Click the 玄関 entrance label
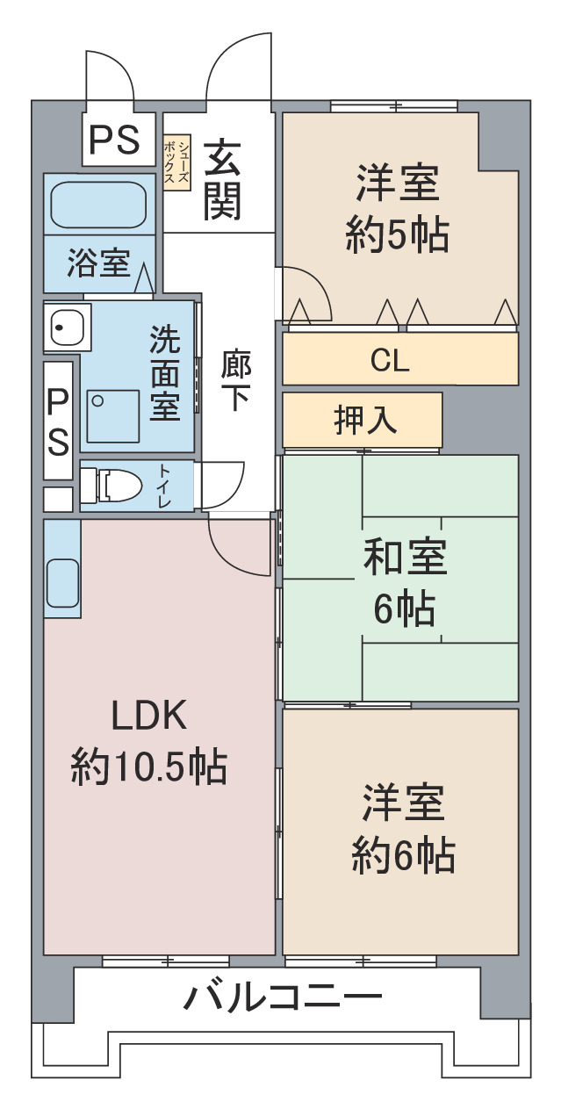[222, 180]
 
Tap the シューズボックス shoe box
[176, 163]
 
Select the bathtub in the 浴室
[99, 205]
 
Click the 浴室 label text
[98, 263]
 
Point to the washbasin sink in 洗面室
[68, 327]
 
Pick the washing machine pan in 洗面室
[113, 416]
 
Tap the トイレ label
[164, 486]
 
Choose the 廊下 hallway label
[235, 380]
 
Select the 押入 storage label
[365, 420]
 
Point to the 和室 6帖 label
[405, 582]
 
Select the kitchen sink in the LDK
[63, 583]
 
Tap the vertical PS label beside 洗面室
[58, 421]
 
